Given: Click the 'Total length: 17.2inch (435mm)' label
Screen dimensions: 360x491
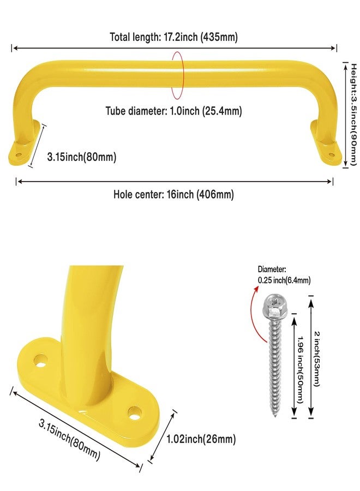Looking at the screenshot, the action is [174, 37].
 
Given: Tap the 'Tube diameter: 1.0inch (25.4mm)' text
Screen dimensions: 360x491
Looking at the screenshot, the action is [174, 111].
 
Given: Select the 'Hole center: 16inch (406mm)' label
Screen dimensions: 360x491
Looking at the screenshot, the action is [174, 194].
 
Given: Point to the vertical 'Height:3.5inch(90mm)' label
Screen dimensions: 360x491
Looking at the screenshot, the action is [353, 115].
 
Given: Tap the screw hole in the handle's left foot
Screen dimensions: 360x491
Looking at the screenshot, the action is [19, 154].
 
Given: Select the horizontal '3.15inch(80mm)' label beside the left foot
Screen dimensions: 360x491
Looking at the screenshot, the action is [82, 157].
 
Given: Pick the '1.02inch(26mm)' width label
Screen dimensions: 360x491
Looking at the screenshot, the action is [201, 439].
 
